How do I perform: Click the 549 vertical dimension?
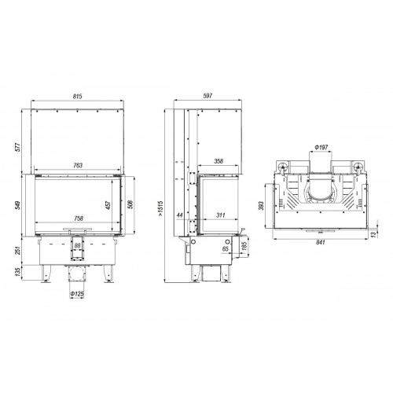17,206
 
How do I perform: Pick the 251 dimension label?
17,251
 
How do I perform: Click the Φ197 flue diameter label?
320,147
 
